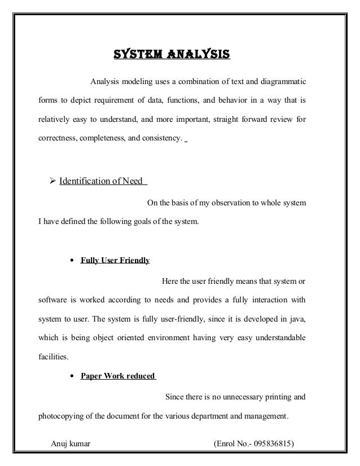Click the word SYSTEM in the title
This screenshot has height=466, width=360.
[135, 55]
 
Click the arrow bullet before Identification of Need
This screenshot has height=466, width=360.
[47, 182]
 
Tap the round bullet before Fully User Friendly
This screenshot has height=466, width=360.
[73, 261]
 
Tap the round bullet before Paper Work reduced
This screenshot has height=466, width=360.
[73, 376]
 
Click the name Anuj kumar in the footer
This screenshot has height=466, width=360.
[71, 444]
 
